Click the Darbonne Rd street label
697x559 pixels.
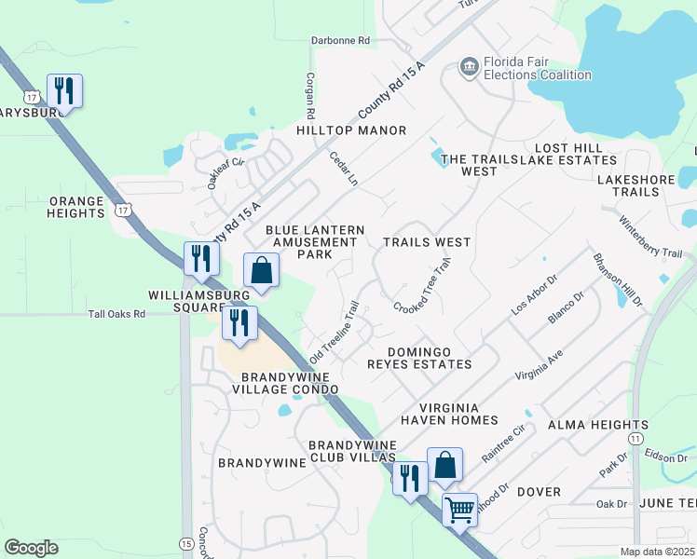point(340,41)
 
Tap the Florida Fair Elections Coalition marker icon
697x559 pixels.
point(469,64)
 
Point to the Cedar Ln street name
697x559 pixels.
point(344,169)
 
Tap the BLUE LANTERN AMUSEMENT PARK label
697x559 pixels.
point(311,241)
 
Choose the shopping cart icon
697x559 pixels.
point(459,509)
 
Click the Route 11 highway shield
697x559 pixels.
point(635,437)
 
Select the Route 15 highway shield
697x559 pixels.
point(186,543)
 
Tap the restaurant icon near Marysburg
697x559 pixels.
point(64,90)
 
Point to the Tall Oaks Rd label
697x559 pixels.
point(117,315)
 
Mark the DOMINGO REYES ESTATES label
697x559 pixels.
point(430,358)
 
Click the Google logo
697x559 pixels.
point(32,547)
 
